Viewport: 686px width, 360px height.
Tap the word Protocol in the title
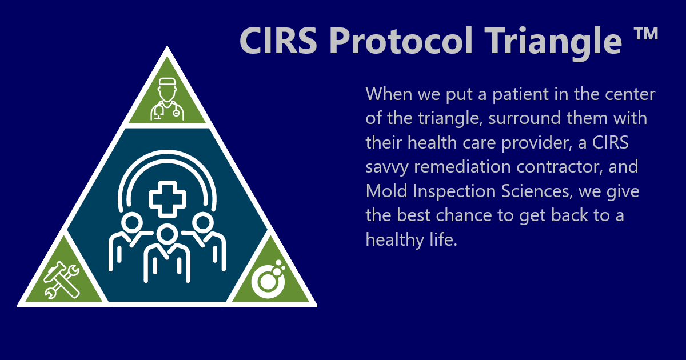tap(400, 41)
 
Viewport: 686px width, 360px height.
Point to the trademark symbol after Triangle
tap(646, 35)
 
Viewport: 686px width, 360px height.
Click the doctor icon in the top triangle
tap(167, 100)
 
